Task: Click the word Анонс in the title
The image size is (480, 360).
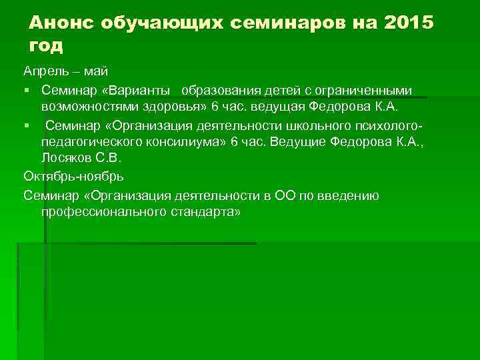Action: click(x=61, y=23)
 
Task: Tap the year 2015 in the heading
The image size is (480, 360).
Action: click(x=408, y=23)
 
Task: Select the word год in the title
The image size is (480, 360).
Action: click(x=47, y=45)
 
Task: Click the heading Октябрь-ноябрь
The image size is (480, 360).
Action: click(x=73, y=177)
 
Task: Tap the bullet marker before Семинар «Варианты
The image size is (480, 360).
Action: click(x=26, y=89)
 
